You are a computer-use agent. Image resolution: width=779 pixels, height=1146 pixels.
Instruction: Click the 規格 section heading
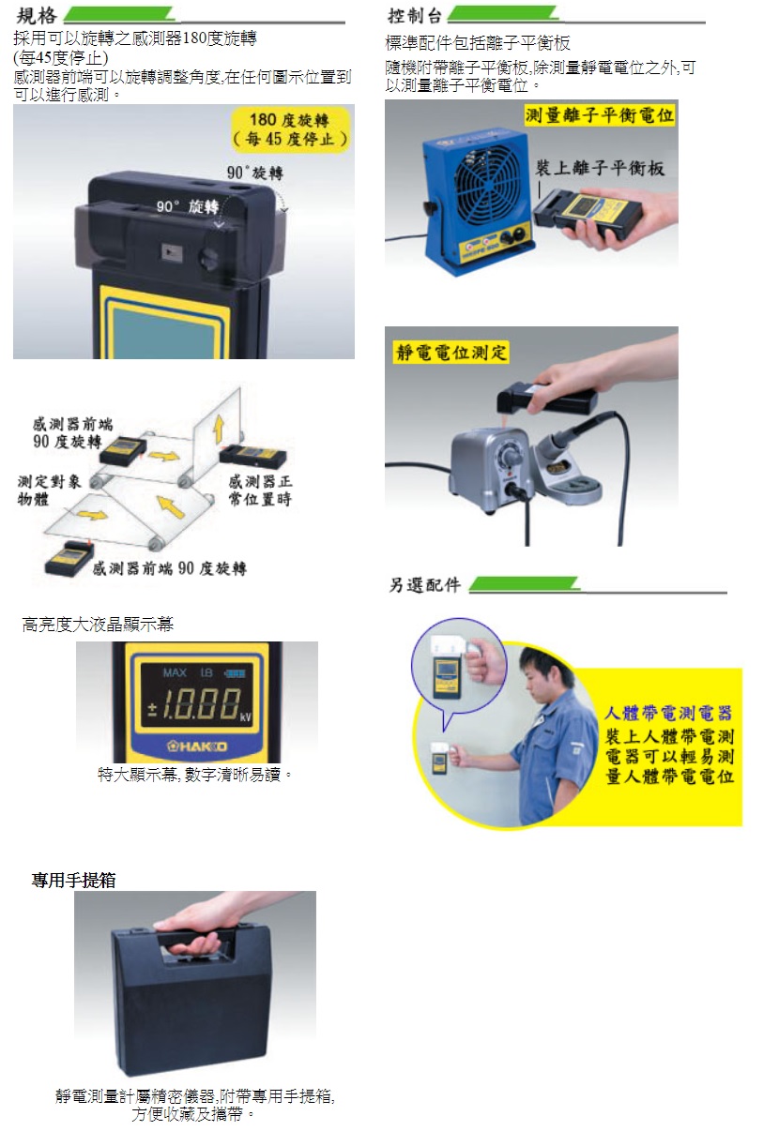click(x=37, y=15)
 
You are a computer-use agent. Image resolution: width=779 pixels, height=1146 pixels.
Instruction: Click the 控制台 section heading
click(x=415, y=16)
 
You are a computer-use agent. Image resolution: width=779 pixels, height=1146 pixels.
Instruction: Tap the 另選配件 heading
click(x=424, y=584)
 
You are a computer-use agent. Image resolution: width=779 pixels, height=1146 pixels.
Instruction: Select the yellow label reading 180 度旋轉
click(x=290, y=129)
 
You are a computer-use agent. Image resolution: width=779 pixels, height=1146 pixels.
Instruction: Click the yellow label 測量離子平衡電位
click(x=599, y=115)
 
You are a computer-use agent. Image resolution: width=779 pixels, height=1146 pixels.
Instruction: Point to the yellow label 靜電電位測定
click(x=451, y=352)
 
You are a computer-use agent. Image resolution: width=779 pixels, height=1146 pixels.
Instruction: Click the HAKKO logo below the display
click(x=197, y=746)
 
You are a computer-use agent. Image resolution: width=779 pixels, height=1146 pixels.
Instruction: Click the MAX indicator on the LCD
click(x=175, y=672)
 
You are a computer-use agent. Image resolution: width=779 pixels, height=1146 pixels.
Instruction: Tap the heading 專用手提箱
click(x=74, y=880)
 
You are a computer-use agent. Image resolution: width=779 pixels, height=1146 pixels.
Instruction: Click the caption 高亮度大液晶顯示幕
click(x=98, y=625)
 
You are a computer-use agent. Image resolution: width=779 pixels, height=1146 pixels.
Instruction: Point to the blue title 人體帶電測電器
click(x=668, y=713)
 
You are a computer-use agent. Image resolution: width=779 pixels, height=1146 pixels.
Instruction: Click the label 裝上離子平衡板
click(x=600, y=168)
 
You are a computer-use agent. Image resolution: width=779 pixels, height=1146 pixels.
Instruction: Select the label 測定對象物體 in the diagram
click(x=50, y=490)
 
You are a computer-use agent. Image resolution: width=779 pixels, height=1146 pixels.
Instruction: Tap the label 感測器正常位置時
click(x=260, y=490)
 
